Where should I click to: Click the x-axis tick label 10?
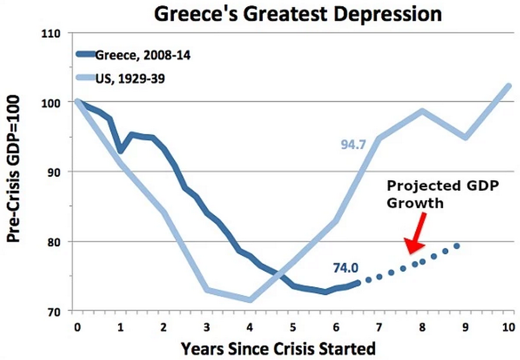[x=508, y=328]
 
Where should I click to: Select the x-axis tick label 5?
[x=293, y=328]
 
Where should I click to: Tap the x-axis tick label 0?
[x=77, y=328]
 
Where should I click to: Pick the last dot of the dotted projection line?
[x=456, y=246]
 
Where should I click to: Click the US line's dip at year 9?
[x=465, y=137]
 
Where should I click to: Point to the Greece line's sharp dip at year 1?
[x=120, y=150]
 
